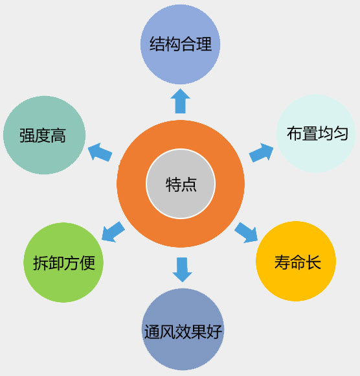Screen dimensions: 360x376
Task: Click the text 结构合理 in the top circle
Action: click(181, 44)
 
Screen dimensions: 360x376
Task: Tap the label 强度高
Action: click(43, 135)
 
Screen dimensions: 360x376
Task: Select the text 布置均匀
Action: click(317, 134)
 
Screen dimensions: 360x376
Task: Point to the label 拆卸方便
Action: click(64, 263)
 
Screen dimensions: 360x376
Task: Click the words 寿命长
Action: click(297, 262)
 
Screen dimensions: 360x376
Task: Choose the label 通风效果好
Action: click(183, 332)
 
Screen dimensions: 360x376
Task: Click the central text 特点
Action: click(181, 184)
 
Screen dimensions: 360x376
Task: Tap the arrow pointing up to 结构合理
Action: click(181, 101)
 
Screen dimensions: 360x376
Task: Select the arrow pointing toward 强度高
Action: click(100, 152)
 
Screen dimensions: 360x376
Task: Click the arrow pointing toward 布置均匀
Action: click(261, 153)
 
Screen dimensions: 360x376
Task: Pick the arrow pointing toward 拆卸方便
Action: click(113, 231)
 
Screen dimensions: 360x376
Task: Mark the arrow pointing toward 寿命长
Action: click(246, 233)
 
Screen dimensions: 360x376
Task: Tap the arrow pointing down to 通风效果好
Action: click(182, 270)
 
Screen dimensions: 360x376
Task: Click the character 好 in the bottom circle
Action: click(214, 332)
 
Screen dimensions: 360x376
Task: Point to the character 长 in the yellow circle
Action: click(313, 262)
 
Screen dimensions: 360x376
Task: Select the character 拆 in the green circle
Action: click(41, 263)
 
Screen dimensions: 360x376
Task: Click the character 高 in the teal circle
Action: click(58, 135)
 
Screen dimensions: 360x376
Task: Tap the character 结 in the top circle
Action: click(157, 44)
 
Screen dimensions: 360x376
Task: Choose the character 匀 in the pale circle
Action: click(341, 134)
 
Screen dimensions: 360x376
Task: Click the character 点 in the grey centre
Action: click(189, 185)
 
